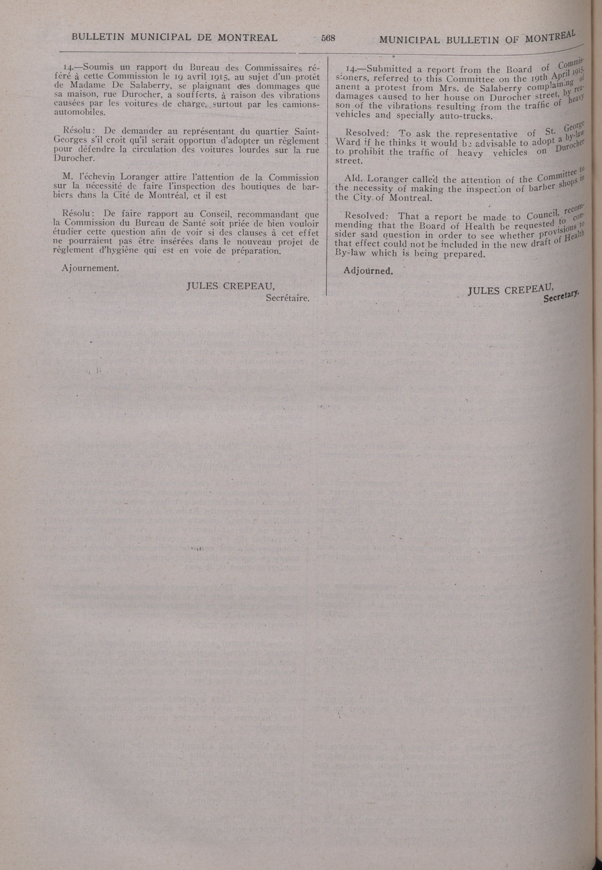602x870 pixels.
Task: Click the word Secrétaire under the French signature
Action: click(x=287, y=298)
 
